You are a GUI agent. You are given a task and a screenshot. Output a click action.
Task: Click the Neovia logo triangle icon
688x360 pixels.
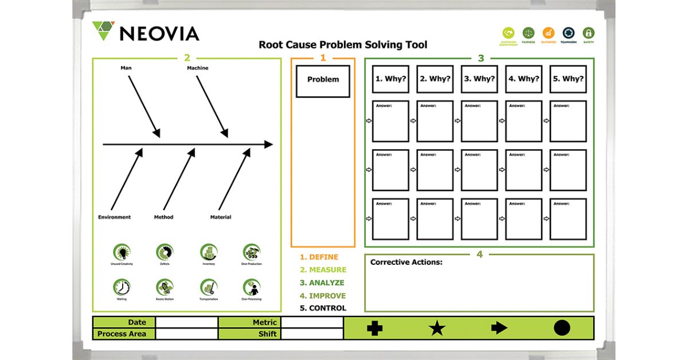tap(103, 30)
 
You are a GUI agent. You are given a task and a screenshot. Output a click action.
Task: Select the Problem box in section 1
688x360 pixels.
tap(323, 80)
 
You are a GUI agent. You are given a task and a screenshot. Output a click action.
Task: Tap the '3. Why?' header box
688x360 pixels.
tap(479, 79)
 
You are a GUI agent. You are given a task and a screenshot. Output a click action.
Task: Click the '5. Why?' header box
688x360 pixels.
tap(568, 79)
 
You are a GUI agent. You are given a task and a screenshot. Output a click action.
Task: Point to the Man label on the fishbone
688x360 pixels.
tap(126, 68)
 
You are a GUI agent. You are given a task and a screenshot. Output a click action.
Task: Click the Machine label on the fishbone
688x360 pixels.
tap(198, 68)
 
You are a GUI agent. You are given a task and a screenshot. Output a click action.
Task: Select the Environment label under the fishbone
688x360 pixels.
tap(114, 217)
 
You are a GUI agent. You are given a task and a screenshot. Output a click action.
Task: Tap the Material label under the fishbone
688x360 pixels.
tap(221, 217)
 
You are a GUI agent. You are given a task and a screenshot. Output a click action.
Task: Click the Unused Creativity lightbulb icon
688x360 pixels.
tap(122, 252)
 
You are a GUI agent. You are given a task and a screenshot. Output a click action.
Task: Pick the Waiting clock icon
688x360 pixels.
tap(122, 287)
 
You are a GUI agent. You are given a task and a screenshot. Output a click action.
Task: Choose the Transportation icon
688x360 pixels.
tap(209, 287)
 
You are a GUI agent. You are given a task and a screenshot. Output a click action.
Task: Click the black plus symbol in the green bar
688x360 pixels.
tap(374, 328)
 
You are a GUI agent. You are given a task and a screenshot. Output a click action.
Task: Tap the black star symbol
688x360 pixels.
tap(437, 328)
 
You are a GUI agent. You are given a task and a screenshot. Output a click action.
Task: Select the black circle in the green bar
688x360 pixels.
tap(562, 328)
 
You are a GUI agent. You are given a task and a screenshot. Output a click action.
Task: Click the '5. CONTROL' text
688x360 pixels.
tap(323, 308)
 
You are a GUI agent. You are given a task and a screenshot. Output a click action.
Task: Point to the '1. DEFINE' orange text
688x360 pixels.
tap(319, 257)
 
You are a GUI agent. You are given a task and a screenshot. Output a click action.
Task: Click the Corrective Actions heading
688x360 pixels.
tap(406, 263)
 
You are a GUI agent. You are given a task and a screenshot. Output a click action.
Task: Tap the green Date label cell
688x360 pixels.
tap(124, 322)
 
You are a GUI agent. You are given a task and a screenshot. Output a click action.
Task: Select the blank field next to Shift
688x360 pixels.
tap(312, 334)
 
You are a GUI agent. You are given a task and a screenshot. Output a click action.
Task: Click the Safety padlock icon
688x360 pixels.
tap(588, 33)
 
